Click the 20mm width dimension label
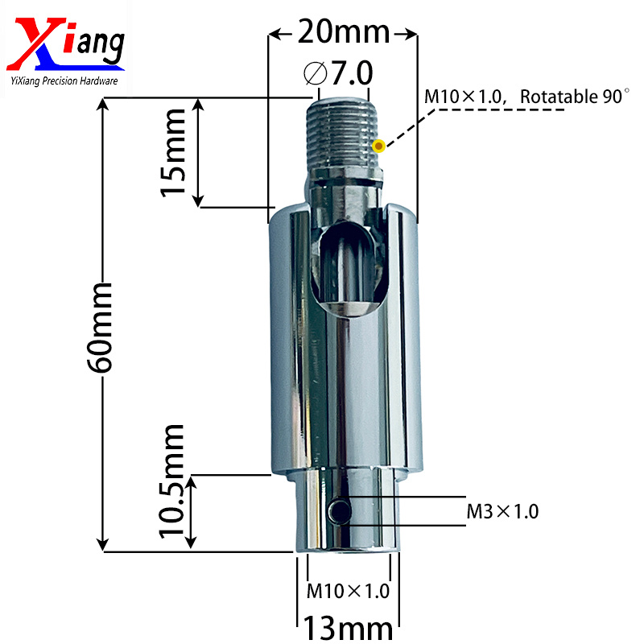tap(343, 33)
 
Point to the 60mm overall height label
tap(102, 326)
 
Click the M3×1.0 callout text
tap(503, 510)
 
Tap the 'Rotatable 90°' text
tap(573, 97)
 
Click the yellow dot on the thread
tap(378, 146)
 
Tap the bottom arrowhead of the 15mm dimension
tap(199, 201)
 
